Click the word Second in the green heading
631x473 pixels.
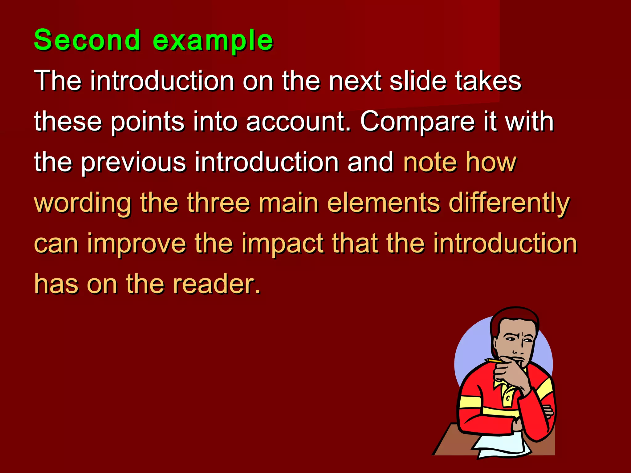(x=87, y=40)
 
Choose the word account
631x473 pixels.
(x=298, y=122)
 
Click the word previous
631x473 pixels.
(x=133, y=162)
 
